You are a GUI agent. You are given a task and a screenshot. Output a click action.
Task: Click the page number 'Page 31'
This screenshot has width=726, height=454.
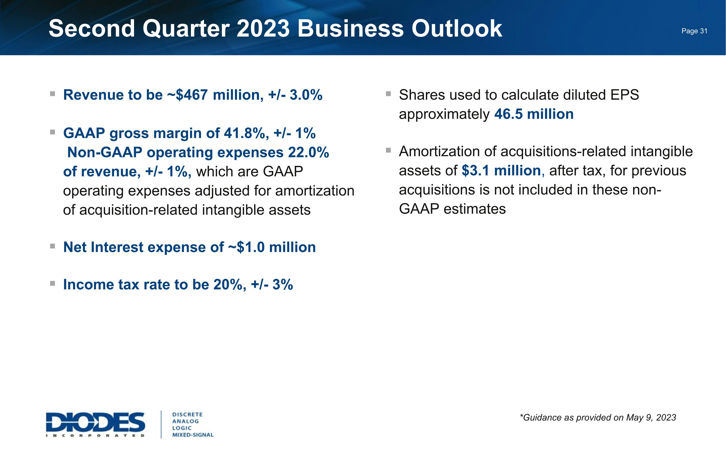(x=694, y=31)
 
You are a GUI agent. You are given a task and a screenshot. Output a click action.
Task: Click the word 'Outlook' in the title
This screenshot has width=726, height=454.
(x=457, y=29)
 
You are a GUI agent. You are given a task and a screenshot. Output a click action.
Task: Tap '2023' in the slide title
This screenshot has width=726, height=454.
(x=263, y=29)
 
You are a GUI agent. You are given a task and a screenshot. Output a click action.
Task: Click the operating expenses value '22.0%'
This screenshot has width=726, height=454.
(x=308, y=152)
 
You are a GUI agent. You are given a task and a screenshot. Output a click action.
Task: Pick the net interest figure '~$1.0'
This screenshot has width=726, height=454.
(x=246, y=247)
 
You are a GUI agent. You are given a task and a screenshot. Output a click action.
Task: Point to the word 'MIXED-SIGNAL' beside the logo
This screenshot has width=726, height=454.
(x=193, y=435)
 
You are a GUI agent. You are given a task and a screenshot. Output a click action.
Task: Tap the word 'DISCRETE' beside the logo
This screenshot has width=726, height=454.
(x=188, y=414)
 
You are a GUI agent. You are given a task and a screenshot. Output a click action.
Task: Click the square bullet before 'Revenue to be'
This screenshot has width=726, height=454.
(x=53, y=94)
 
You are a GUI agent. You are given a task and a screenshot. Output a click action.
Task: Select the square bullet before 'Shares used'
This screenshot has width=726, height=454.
(x=388, y=94)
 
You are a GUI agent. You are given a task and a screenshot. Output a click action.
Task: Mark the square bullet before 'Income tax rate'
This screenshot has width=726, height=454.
(x=53, y=283)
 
